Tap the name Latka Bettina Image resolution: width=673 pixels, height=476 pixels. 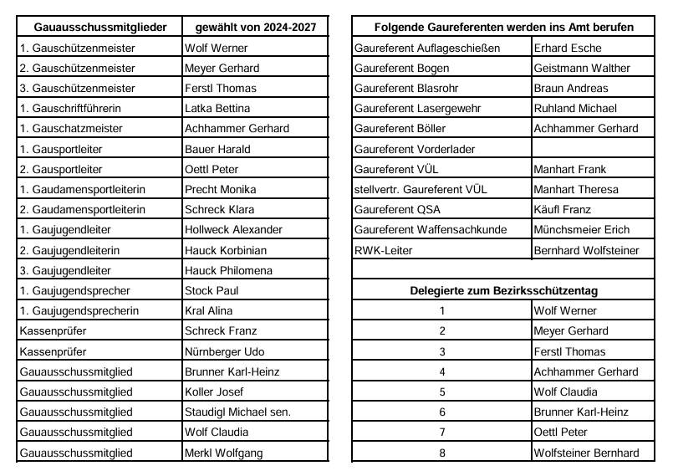click(217, 108)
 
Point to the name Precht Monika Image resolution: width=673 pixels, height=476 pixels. click(220, 189)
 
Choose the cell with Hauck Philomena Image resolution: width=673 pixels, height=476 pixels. click(228, 270)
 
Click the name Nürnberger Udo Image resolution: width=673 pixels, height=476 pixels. click(224, 351)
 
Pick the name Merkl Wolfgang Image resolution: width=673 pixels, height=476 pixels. click(223, 453)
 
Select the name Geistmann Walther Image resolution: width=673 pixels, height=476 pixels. click(582, 68)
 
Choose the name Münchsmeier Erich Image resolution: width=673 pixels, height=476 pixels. click(583, 229)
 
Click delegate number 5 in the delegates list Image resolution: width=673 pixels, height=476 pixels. click(442, 392)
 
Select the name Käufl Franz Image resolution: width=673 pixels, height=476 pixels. click(562, 209)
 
